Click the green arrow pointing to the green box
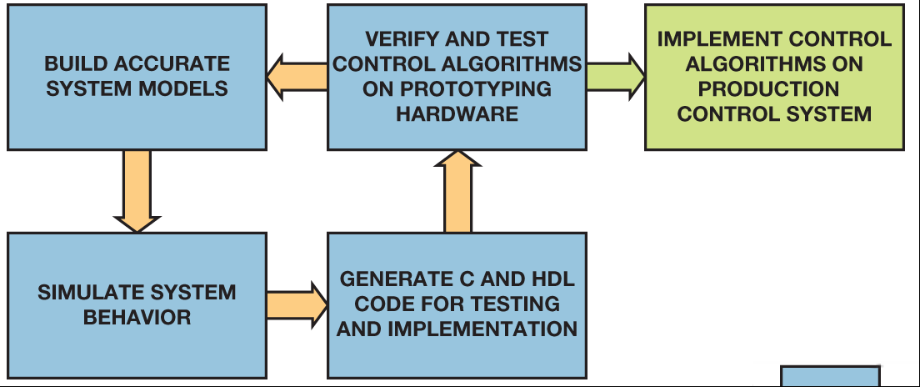[x=616, y=77]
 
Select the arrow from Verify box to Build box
[x=297, y=77]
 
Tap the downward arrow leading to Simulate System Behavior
[x=137, y=191]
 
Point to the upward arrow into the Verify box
[x=457, y=192]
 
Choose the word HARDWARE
[x=457, y=113]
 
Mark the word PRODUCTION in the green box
[x=768, y=88]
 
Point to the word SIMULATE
[x=90, y=293]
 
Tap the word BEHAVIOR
[x=137, y=317]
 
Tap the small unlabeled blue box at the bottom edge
[x=830, y=376]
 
